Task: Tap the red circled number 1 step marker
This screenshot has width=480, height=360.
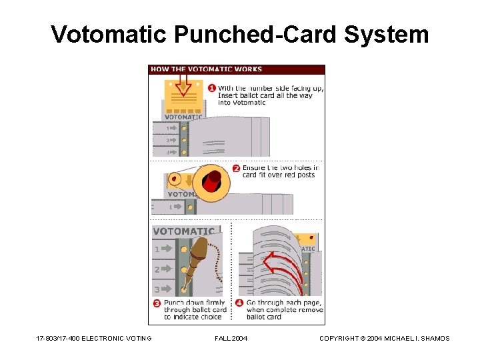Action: pyautogui.click(x=211, y=88)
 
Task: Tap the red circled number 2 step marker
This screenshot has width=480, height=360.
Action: pyautogui.click(x=235, y=168)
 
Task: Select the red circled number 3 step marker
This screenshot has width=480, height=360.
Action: pyautogui.click(x=157, y=303)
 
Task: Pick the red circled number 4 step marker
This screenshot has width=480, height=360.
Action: pyautogui.click(x=240, y=303)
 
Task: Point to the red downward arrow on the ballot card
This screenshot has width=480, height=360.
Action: pyautogui.click(x=185, y=87)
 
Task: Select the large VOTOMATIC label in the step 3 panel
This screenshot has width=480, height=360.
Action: pyautogui.click(x=184, y=231)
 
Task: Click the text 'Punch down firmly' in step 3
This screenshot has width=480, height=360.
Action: pyautogui.click(x=194, y=303)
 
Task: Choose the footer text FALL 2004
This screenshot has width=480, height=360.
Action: pyautogui.click(x=231, y=339)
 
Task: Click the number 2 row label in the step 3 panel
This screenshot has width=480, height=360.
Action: pyautogui.click(x=157, y=270)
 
